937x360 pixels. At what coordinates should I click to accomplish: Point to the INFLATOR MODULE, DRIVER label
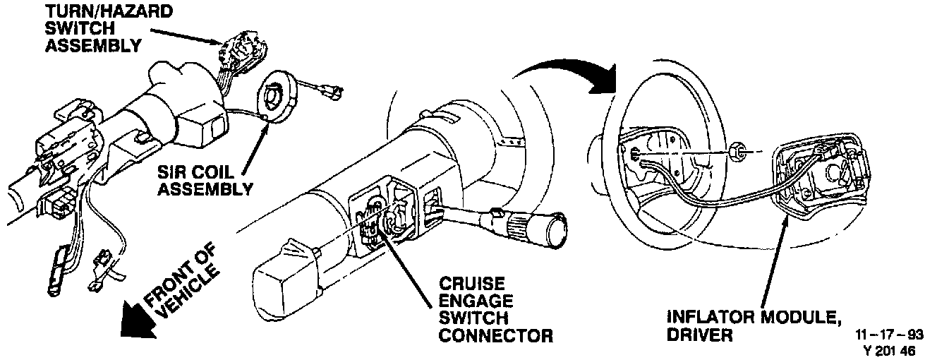pos(752,325)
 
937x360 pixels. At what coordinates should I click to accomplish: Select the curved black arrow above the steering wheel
pos(564,71)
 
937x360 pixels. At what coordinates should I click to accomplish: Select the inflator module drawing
pos(818,176)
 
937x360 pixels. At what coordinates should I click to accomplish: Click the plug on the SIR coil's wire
pos(332,91)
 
